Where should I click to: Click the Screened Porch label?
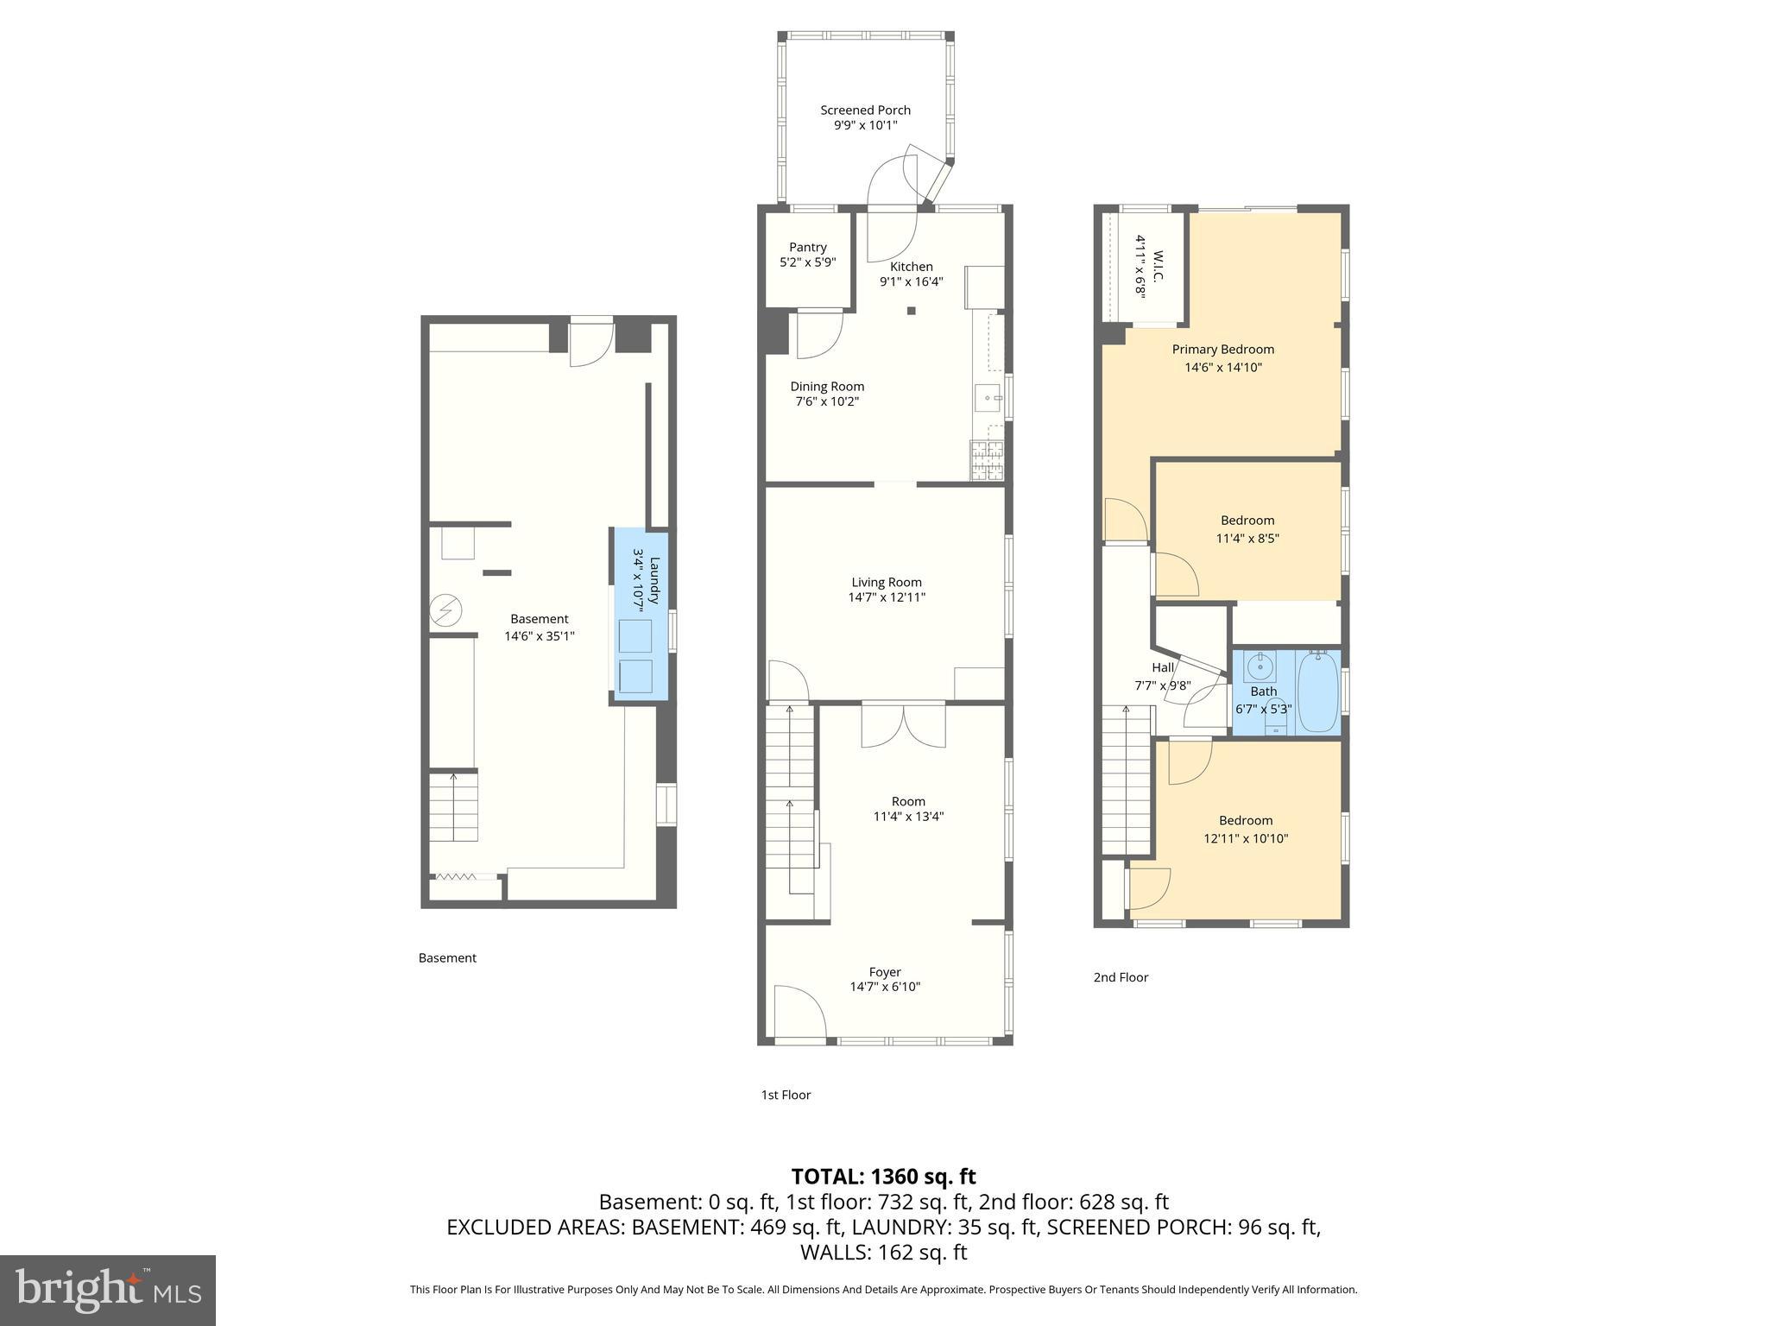[x=865, y=110]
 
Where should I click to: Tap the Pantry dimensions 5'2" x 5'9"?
[x=807, y=262]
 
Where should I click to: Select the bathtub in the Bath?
[x=1317, y=692]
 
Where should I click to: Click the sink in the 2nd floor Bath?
[x=1260, y=666]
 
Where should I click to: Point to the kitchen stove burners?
[x=987, y=460]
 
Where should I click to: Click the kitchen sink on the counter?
[x=988, y=399]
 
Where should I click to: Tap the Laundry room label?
[x=654, y=581]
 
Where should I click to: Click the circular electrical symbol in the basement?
[x=446, y=611]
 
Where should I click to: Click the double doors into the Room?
[x=903, y=726]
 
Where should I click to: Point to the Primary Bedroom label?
[x=1222, y=350]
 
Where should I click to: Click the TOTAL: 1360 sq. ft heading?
[x=883, y=1176]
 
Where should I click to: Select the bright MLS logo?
[x=108, y=1290]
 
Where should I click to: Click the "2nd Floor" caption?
[x=1121, y=977]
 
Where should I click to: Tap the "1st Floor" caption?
[x=786, y=1095]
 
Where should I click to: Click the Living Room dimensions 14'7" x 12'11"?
[x=887, y=597]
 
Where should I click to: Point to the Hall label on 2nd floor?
[x=1163, y=667]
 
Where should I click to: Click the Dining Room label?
[x=827, y=387]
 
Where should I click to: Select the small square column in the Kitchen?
[x=911, y=311]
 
